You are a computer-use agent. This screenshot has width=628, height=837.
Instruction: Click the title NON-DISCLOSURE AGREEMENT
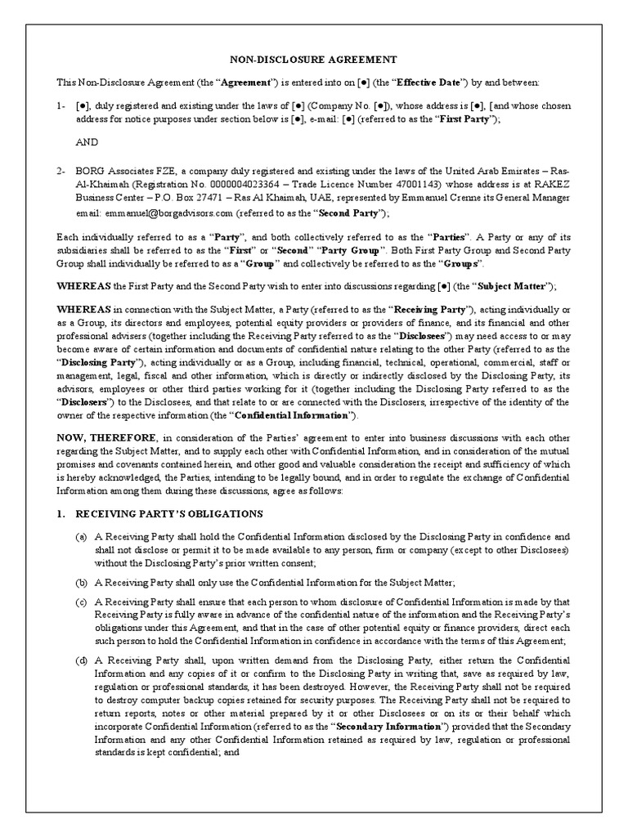[313, 60]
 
